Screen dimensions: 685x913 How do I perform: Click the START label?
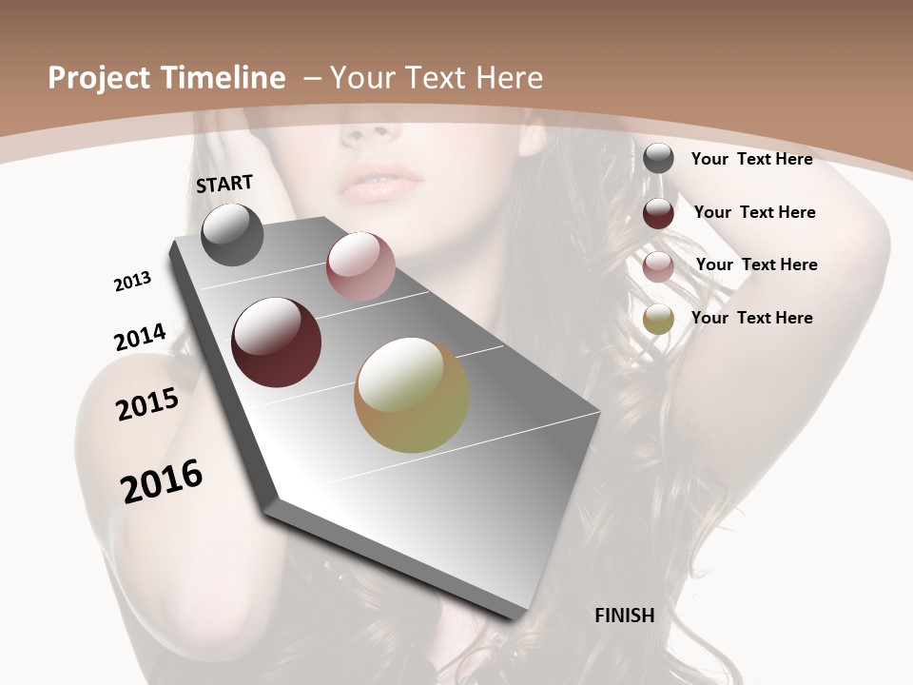point(224,184)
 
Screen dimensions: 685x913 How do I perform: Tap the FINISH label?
point(625,616)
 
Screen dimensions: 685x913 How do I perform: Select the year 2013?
point(132,281)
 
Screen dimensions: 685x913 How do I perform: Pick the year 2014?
point(140,337)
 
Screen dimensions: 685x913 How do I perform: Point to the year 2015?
point(147,404)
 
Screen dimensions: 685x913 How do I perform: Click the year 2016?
point(162,480)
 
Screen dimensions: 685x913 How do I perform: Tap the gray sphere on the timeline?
point(232,234)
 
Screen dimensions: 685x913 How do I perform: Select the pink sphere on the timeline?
point(360,266)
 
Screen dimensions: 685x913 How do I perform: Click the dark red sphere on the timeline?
point(277,342)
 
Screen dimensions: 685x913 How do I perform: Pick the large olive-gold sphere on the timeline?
point(412,395)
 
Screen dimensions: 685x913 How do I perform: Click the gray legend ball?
point(658,158)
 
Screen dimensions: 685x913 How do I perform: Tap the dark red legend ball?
point(658,213)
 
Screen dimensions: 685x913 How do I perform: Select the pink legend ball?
point(658,266)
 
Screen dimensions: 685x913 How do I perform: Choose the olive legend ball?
point(658,320)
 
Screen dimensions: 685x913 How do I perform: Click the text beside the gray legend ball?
point(751,159)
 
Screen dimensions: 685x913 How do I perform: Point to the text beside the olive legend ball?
point(751,318)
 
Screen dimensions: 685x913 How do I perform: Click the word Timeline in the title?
point(225,78)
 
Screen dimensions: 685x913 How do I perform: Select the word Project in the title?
point(99,78)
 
